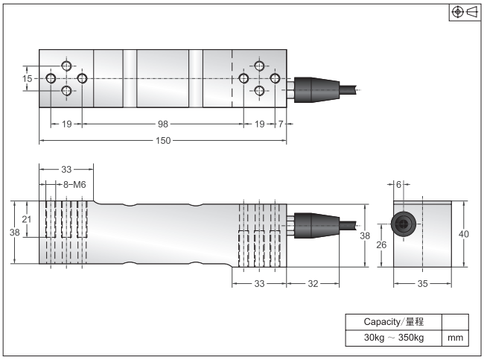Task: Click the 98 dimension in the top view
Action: [x=162, y=124]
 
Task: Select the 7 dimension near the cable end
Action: [x=281, y=124]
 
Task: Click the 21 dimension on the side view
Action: [x=27, y=218]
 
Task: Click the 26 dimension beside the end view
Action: [x=381, y=244]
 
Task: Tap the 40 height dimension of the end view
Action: [x=463, y=233]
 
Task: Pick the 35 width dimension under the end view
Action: [x=422, y=283]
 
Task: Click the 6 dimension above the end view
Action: [x=398, y=184]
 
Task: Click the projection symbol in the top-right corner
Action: [x=465, y=12]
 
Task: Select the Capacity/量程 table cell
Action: [x=393, y=322]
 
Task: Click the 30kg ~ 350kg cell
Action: [x=393, y=338]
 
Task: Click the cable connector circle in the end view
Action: [x=403, y=226]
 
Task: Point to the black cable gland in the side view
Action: [x=310, y=226]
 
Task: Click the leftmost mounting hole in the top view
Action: [x=51, y=78]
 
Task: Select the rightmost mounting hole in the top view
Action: [x=275, y=78]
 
